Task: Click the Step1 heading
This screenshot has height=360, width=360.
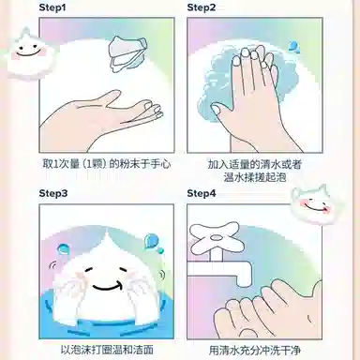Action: [x=52, y=7]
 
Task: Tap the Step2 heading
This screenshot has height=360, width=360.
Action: [x=202, y=7]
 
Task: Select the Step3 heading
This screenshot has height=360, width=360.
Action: [x=53, y=193]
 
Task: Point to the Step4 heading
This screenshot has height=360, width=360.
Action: [x=202, y=193]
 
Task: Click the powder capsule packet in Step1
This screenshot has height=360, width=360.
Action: [x=127, y=52]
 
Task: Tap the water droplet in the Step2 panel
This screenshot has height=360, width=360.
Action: [x=294, y=47]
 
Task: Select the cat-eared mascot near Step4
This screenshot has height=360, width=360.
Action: [x=313, y=204]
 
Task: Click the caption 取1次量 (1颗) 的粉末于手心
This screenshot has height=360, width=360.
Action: [x=107, y=164]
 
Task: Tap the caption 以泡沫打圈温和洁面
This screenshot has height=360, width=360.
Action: [x=107, y=350]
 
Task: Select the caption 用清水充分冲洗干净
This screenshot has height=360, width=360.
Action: [x=255, y=350]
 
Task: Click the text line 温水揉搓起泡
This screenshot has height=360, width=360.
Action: [x=255, y=177]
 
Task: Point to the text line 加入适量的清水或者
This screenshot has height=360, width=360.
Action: [x=255, y=164]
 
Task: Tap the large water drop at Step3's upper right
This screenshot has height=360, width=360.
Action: [x=150, y=241]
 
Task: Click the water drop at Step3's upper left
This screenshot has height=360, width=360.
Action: [x=63, y=248]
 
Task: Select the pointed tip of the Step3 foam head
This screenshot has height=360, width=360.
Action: [x=107, y=231]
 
